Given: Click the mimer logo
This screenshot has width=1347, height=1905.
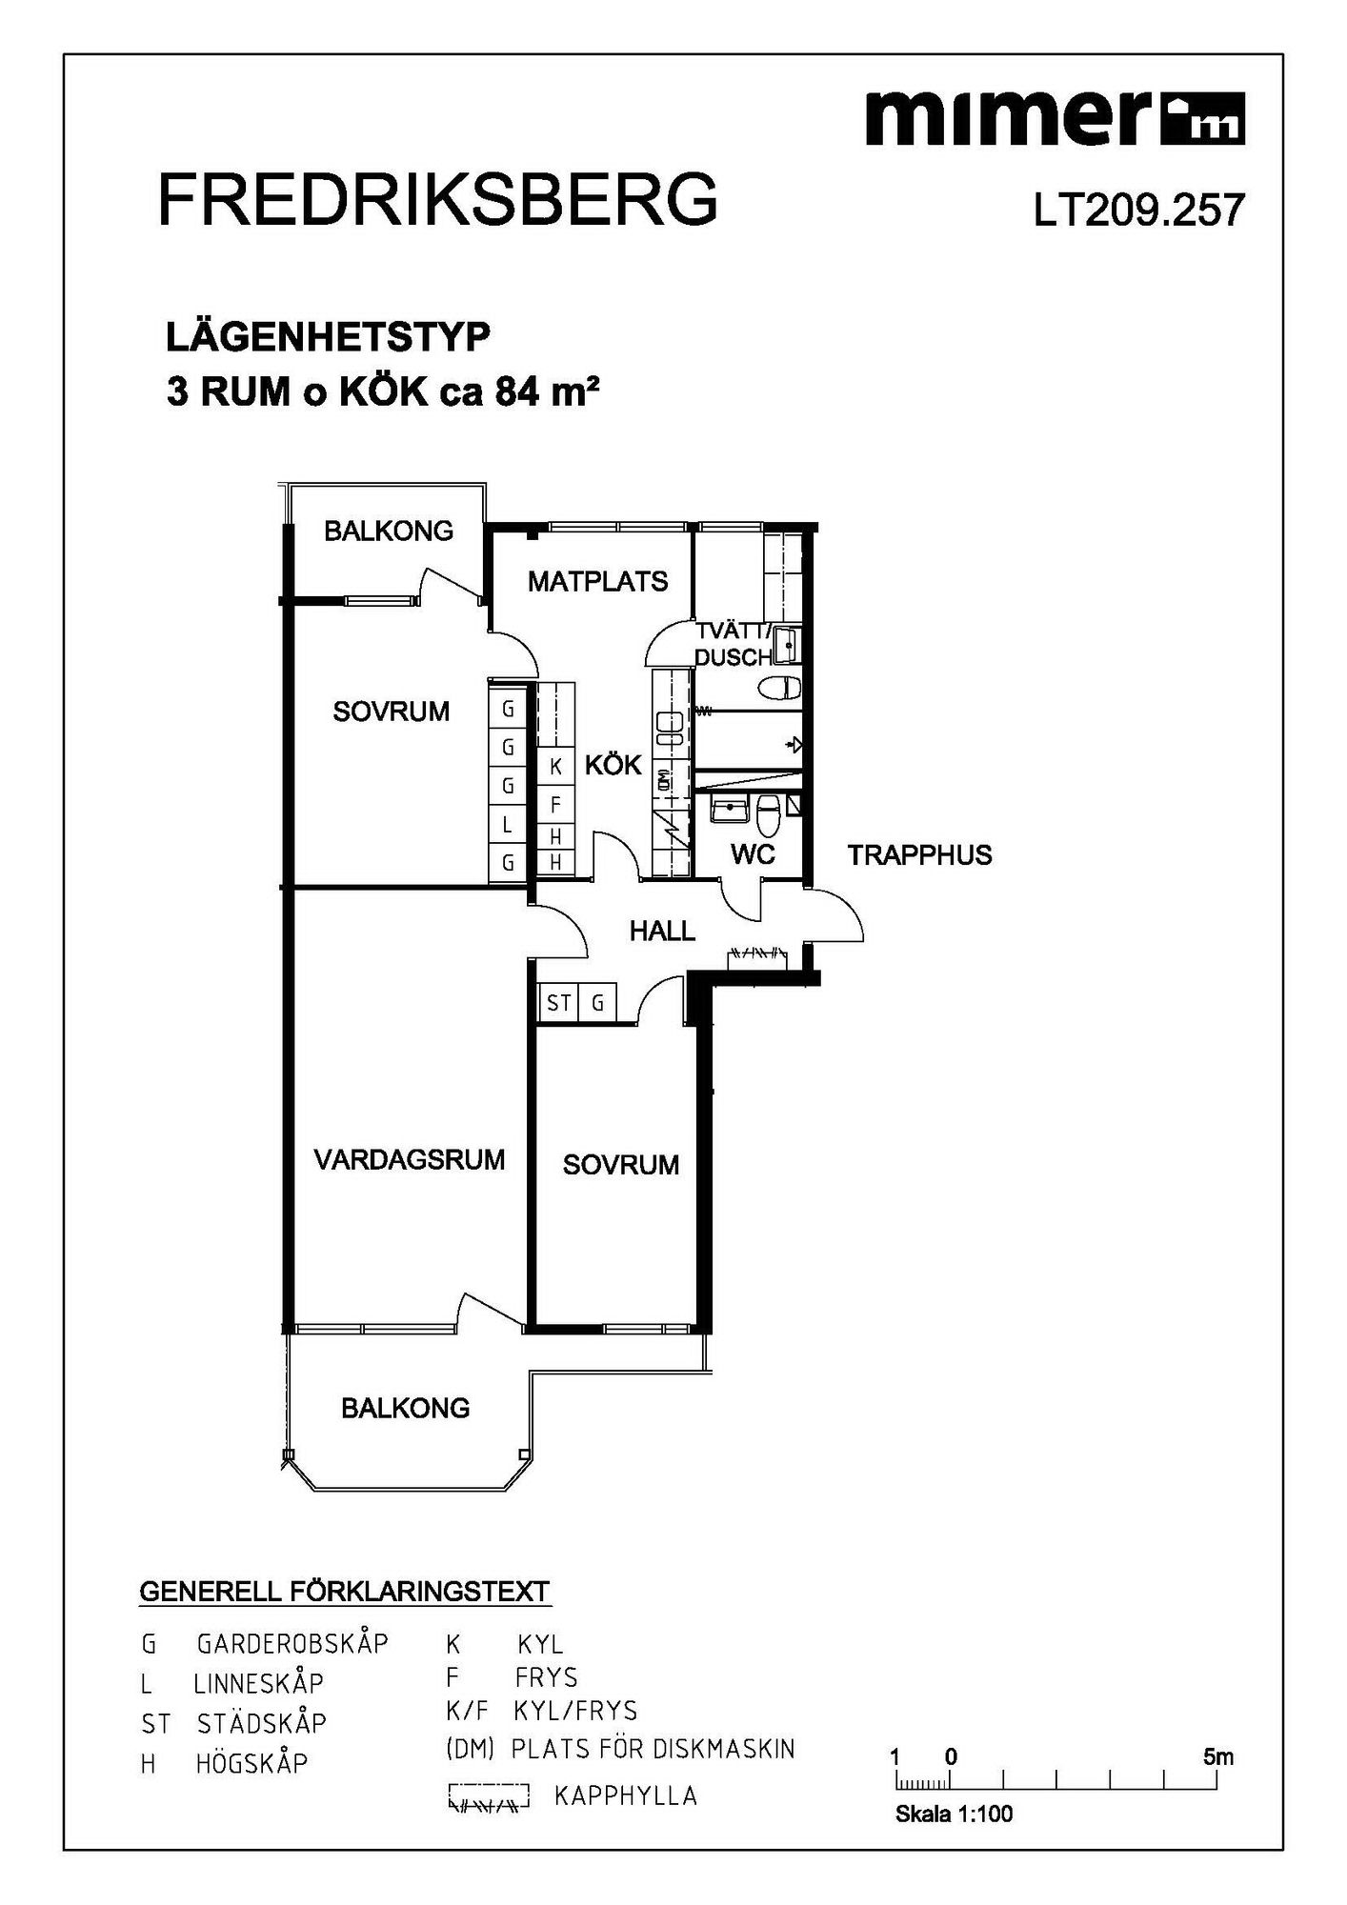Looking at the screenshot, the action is click(x=1055, y=119).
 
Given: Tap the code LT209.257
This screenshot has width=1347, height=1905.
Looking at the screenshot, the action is click(x=1139, y=211).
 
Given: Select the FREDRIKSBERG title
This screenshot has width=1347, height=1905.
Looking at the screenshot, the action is click(x=437, y=199).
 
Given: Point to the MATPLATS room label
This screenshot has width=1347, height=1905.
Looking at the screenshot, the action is click(x=598, y=581).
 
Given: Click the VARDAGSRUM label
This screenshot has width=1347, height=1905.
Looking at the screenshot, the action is click(x=410, y=1159).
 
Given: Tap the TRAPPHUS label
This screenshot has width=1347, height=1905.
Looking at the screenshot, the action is click(x=920, y=855).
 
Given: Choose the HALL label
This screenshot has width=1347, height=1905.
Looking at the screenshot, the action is click(x=662, y=931).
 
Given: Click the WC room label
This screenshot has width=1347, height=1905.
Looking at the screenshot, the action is click(x=753, y=854).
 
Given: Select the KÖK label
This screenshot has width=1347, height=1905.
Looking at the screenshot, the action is click(x=613, y=764).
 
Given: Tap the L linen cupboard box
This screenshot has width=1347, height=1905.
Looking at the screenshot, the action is click(x=508, y=825).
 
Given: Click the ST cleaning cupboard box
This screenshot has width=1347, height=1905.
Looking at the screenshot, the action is click(x=558, y=1002).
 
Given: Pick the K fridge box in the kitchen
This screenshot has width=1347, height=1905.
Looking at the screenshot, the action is click(x=555, y=767).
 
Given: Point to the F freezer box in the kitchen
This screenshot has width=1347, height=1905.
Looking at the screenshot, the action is click(x=555, y=805).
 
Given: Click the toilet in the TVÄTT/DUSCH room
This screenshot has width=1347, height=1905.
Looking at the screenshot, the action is click(x=778, y=687).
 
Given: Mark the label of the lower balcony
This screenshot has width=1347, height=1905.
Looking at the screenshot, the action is click(x=406, y=1408).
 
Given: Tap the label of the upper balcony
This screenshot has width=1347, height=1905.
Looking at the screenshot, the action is click(x=389, y=531).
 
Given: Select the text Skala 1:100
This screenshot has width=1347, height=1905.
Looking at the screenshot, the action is click(x=954, y=1815).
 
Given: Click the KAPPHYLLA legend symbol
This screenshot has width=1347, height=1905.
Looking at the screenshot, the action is click(x=490, y=1796).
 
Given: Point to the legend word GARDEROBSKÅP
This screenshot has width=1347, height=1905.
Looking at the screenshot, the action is click(x=292, y=1644).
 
